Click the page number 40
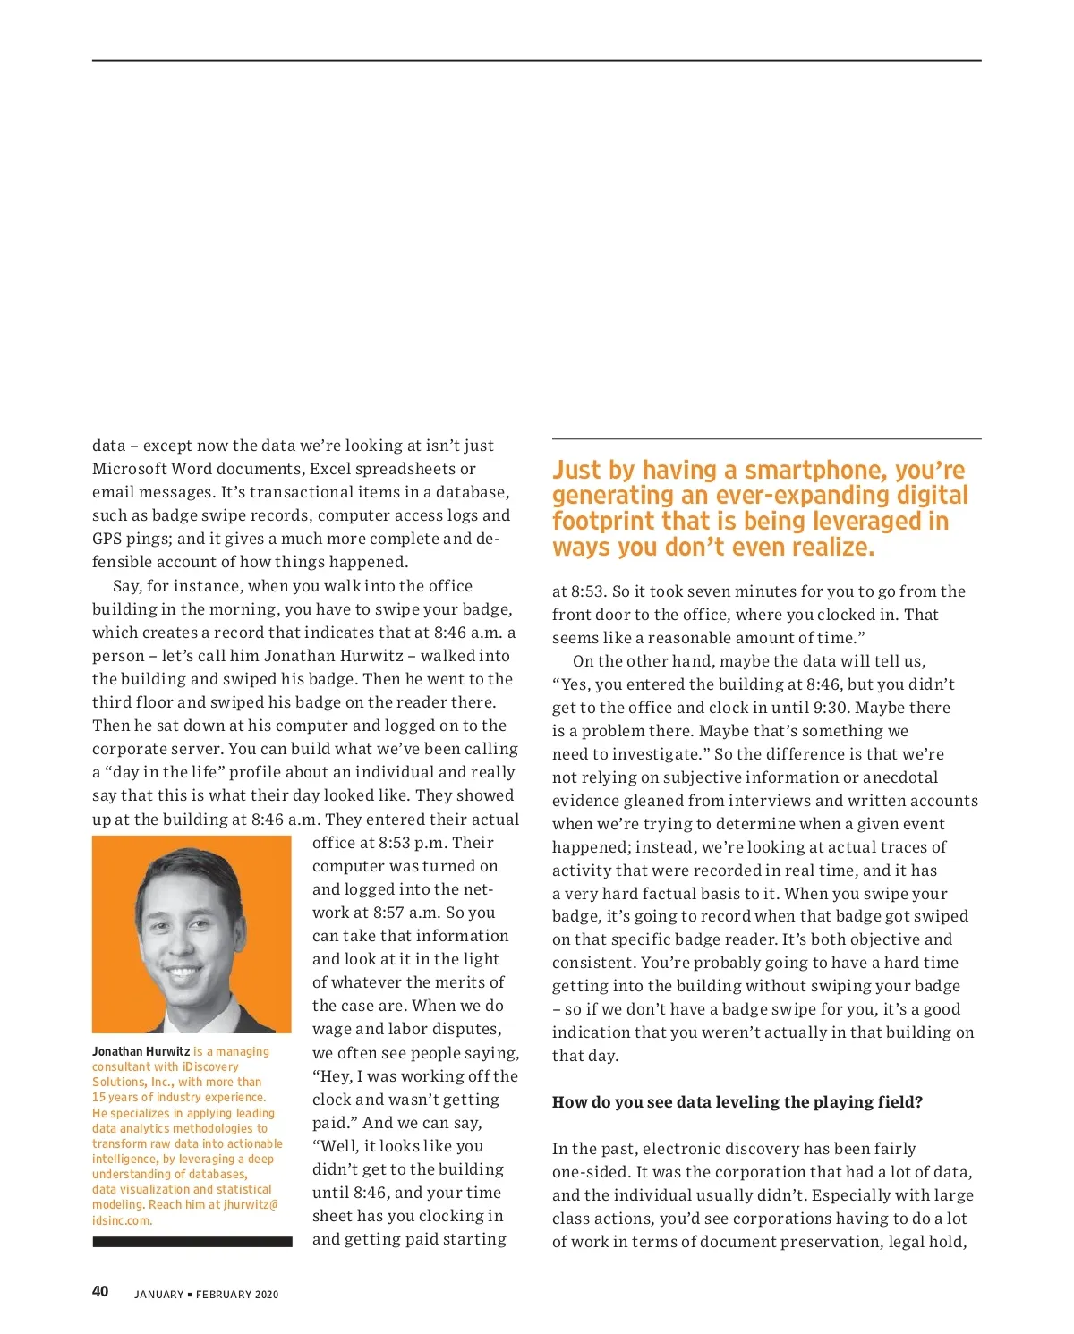pos(100,1291)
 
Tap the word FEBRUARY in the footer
pos(224,1294)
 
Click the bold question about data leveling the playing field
pos(737,1101)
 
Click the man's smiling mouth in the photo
pos(183,971)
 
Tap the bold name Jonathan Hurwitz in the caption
pos(141,1051)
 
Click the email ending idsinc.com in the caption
pos(123,1220)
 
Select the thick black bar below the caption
pos(192,1241)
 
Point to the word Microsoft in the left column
pos(131,469)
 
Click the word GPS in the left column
pos(107,539)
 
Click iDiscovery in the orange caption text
pos(210,1066)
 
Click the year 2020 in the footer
pos(266,1294)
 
